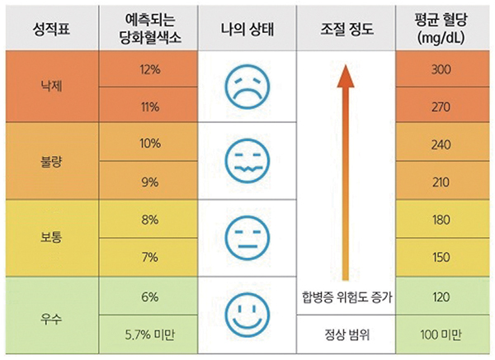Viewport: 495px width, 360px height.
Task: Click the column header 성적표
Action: (x=51, y=31)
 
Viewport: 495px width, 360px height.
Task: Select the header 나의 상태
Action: (x=247, y=31)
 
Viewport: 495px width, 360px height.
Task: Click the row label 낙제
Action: (x=51, y=87)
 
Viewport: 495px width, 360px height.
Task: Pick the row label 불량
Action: (x=51, y=162)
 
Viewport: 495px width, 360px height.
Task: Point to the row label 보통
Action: (x=51, y=239)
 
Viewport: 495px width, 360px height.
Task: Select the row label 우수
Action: (x=51, y=315)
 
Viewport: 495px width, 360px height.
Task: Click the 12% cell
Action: (x=150, y=69)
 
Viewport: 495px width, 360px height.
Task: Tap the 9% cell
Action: (x=150, y=182)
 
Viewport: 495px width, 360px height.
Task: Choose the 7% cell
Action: (x=150, y=258)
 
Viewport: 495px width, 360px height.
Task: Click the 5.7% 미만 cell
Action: (x=150, y=334)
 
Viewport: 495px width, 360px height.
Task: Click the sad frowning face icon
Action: (x=247, y=86)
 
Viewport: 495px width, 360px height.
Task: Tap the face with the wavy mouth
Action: (x=247, y=162)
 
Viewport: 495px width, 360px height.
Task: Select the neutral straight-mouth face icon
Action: (x=247, y=238)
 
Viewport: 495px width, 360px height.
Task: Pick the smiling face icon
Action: (x=247, y=314)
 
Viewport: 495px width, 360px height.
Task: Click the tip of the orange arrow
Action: (x=346, y=67)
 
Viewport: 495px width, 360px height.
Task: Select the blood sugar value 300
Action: (x=441, y=69)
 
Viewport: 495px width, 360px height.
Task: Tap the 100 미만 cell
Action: (x=441, y=334)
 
